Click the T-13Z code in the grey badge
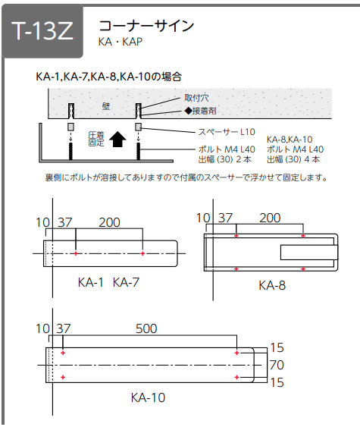(42, 30)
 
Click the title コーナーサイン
(146, 27)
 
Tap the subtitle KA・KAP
(121, 42)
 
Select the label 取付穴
(196, 98)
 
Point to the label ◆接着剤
(201, 111)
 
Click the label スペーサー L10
(227, 132)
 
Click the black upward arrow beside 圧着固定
(117, 139)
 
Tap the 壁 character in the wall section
(106, 106)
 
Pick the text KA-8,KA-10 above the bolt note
(290, 140)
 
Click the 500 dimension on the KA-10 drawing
(146, 328)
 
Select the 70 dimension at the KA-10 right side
(277, 365)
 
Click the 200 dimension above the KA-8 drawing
(270, 218)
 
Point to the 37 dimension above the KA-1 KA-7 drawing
(65, 222)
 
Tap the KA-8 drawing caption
(272, 285)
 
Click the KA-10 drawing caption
(148, 397)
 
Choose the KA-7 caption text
(126, 282)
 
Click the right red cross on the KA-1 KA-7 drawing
(142, 253)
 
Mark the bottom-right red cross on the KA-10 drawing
(236, 377)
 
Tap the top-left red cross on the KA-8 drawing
(236, 236)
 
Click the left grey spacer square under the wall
(70, 127)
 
